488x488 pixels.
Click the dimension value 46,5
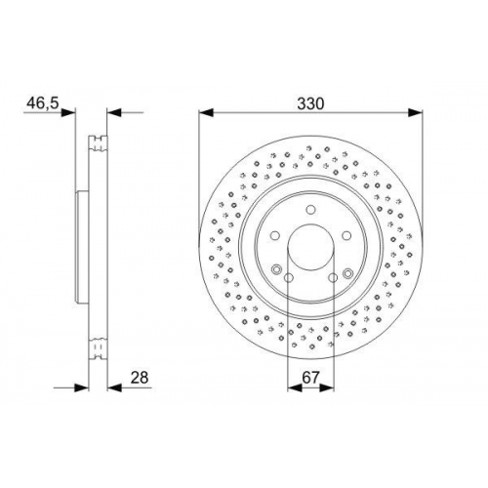(x=42, y=103)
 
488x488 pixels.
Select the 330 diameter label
(x=311, y=103)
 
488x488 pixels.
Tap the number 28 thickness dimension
(x=140, y=378)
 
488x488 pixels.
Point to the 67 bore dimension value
(x=310, y=378)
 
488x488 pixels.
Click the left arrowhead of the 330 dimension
(x=206, y=113)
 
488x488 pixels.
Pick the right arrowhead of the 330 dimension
(x=415, y=113)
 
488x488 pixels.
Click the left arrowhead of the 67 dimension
(x=295, y=387)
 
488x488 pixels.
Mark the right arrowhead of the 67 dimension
(x=327, y=387)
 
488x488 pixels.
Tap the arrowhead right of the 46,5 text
(x=68, y=113)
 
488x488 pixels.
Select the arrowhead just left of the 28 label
(x=114, y=387)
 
